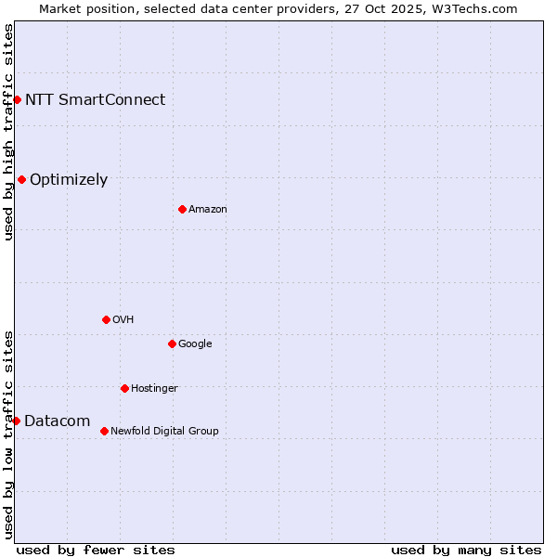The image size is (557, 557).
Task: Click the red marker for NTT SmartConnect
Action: (17, 99)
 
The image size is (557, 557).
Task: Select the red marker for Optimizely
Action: (21, 179)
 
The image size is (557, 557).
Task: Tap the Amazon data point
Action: (182, 209)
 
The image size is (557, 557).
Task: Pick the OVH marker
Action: (106, 319)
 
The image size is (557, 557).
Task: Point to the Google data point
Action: (172, 343)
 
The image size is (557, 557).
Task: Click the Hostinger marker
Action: (124, 388)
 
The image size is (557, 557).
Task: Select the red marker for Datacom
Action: (16, 421)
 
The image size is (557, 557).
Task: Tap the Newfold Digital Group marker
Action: (104, 431)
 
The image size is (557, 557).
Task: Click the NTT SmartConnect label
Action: (95, 99)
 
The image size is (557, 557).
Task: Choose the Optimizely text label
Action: (69, 180)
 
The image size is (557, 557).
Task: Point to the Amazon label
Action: (208, 210)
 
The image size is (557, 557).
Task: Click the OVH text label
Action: (123, 320)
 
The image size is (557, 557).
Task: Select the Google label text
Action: (195, 344)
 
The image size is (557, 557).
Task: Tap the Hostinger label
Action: (154, 389)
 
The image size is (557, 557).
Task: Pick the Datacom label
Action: (57, 421)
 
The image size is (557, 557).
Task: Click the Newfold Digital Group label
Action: (164, 432)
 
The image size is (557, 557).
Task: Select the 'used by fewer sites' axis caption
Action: (96, 550)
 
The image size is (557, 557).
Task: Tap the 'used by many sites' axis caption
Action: (466, 550)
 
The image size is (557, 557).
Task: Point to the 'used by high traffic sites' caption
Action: (8, 132)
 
